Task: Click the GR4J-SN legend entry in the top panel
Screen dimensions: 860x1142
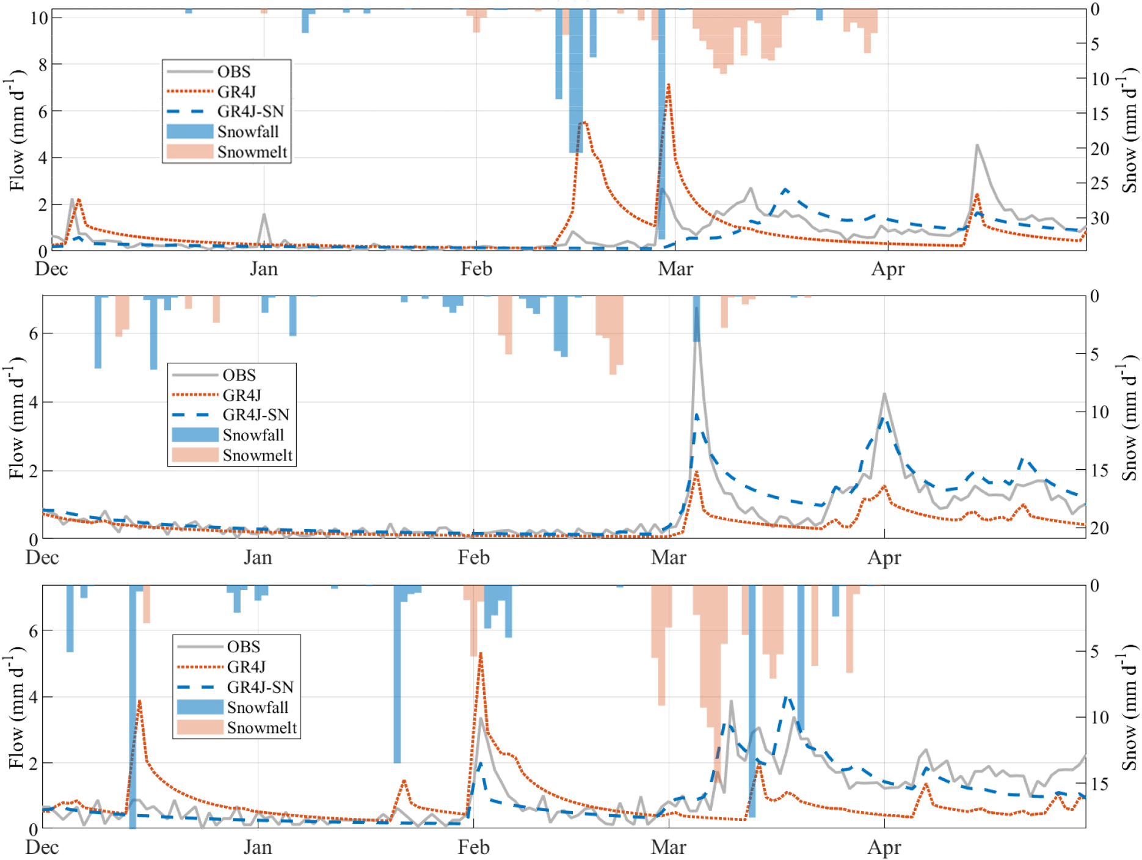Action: point(250,112)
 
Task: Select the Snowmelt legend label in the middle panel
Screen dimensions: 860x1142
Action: point(257,455)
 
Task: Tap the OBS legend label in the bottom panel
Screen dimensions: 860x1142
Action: point(243,647)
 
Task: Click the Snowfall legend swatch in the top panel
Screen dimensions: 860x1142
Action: point(190,132)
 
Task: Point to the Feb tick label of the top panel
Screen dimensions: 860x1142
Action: point(476,269)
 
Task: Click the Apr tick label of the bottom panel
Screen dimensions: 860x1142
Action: point(884,847)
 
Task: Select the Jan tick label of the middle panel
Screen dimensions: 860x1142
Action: point(258,558)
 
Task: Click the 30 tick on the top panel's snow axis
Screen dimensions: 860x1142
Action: point(1099,218)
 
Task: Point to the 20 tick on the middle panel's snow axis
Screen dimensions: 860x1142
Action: point(1099,528)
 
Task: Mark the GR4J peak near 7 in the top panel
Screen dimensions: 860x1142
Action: point(669,86)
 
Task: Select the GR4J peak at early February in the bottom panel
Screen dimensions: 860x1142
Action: point(481,654)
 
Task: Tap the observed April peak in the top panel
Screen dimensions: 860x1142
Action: point(977,145)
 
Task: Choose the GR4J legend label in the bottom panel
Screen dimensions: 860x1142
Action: point(246,667)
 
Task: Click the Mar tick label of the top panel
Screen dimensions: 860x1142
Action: point(675,269)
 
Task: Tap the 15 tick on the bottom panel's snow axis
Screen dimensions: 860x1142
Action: point(1099,784)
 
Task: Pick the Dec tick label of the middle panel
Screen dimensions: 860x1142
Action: point(42,558)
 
